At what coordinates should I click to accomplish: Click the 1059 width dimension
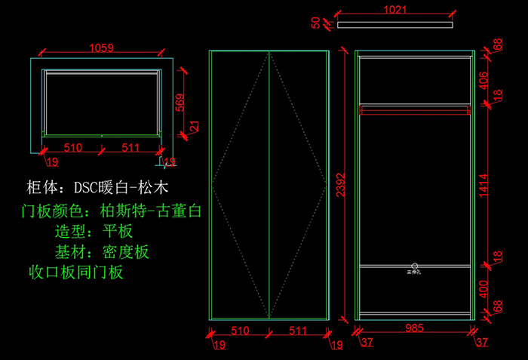(x=101, y=48)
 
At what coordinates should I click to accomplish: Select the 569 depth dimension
(x=180, y=102)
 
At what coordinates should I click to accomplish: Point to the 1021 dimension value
(x=394, y=11)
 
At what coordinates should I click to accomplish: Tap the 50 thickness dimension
(x=316, y=23)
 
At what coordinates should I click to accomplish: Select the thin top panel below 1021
(x=394, y=25)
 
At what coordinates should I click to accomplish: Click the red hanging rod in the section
(x=415, y=112)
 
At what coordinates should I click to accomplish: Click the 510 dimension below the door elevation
(x=240, y=331)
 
